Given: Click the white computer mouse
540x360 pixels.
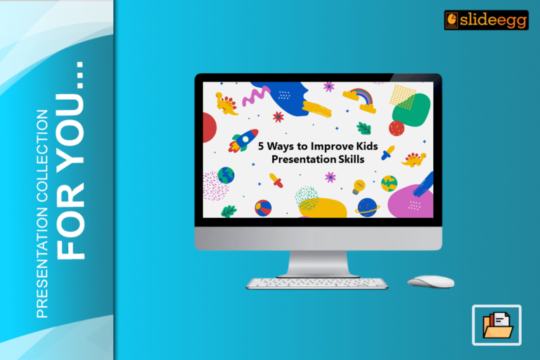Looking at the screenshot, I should pos(431,281).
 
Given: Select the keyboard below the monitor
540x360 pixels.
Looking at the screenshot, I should pos(317,283).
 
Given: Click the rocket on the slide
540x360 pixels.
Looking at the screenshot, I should pos(244,140).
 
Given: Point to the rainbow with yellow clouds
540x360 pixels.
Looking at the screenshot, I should pos(359,99).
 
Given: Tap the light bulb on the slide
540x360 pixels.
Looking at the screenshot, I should pos(359,186).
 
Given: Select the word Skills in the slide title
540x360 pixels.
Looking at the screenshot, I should pos(349,160).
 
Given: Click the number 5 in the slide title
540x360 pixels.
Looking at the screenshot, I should pos(261,148).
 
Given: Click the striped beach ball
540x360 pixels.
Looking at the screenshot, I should pos(263,208).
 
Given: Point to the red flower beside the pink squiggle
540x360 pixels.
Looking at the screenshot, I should pos(278,116).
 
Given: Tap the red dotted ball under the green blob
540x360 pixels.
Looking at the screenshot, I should pos(397,128).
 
